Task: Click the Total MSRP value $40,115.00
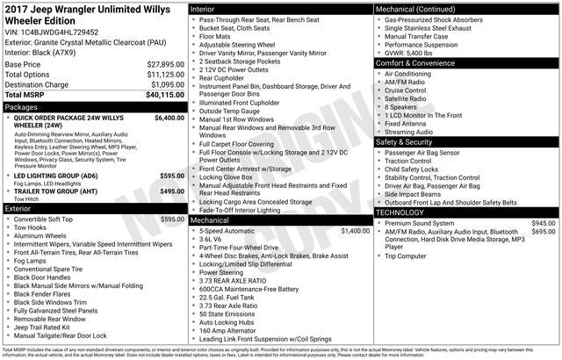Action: (x=165, y=95)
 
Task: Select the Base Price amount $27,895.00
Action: (x=165, y=65)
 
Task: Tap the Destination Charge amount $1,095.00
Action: (x=167, y=85)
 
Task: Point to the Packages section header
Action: (x=22, y=106)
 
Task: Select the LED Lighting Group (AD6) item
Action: (x=55, y=176)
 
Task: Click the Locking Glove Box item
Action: (x=232, y=176)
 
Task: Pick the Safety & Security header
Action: (x=404, y=141)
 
